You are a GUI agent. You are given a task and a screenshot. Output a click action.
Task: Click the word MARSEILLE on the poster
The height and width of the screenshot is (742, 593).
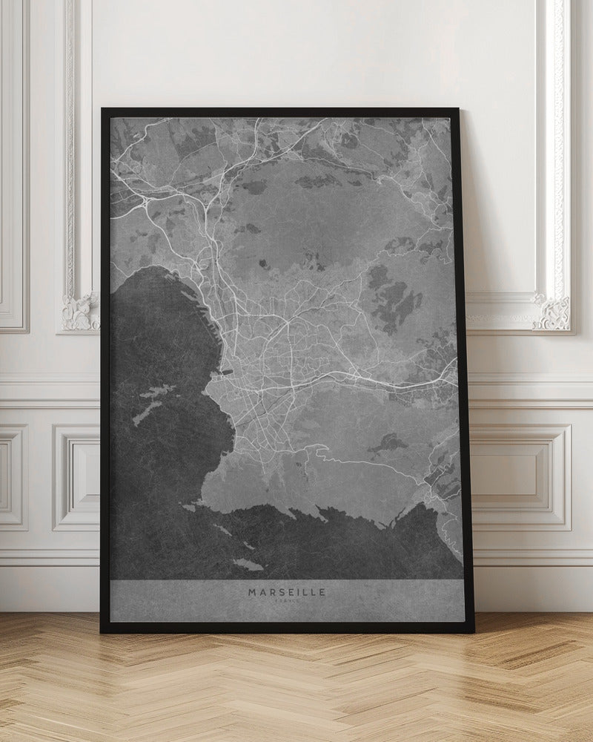(x=287, y=592)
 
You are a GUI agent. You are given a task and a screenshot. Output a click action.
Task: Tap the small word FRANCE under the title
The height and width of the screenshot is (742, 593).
(x=287, y=601)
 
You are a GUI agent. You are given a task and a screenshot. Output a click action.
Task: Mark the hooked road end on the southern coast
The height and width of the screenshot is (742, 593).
(x=323, y=448)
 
